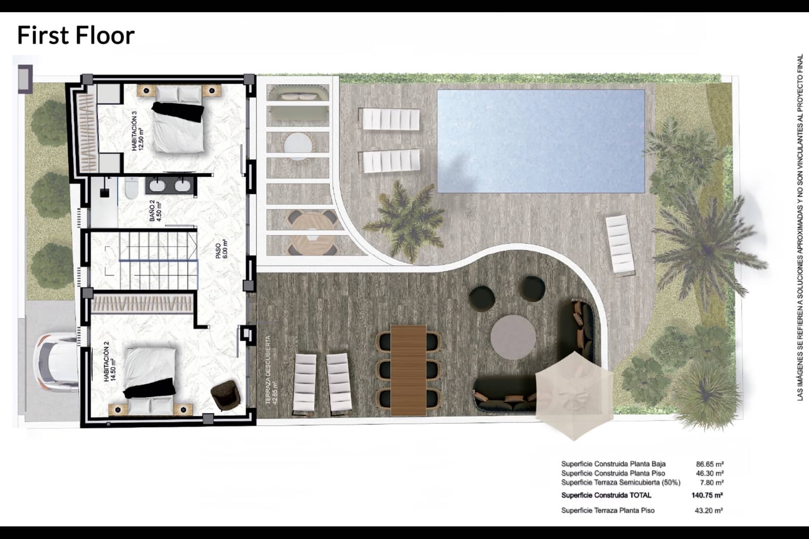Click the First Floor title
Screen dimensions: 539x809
point(76,35)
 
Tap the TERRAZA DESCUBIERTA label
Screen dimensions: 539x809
point(272,370)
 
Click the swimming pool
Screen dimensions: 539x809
point(541,141)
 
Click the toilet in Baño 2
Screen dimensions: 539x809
point(131,189)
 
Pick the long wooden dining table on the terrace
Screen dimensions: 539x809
point(409,369)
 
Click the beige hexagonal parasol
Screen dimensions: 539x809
point(574,395)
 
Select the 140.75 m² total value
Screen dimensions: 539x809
point(706,496)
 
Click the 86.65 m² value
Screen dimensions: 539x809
point(709,464)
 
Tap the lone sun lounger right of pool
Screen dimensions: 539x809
point(620,245)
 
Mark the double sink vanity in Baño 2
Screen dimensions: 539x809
point(169,186)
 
